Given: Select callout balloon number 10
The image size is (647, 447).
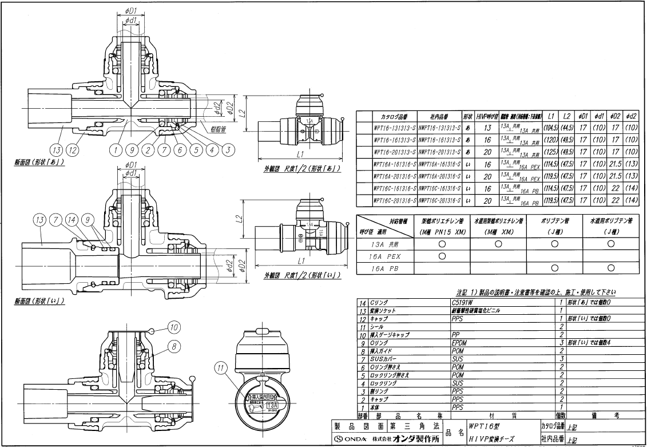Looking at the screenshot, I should click(x=174, y=327).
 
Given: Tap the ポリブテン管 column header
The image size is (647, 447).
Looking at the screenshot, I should click(x=554, y=219).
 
